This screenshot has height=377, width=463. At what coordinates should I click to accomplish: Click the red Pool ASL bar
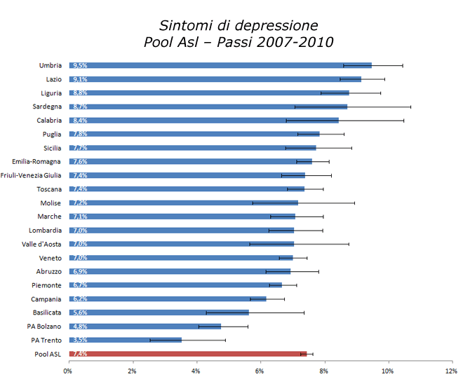coord(188,354)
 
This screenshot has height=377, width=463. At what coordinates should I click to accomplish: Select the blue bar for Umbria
coord(220,65)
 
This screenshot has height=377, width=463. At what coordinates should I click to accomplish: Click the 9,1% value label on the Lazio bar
coord(80,79)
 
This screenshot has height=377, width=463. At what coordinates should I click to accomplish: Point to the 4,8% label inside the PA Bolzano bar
coord(80,327)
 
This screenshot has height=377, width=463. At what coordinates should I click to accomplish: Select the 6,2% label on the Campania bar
coord(80,299)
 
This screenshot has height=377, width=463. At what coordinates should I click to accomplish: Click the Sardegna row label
coord(47,107)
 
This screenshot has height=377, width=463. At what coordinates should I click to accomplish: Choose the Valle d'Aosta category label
coord(41,244)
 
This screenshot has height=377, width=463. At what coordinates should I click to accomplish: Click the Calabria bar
coord(203,121)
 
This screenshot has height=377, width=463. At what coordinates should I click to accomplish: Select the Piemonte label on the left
coord(48,285)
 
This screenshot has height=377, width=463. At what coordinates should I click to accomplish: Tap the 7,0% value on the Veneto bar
coord(80,258)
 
